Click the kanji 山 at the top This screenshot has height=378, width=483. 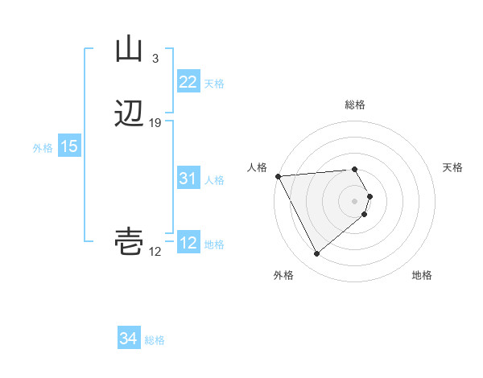tap(129, 50)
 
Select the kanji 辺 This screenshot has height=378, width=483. tap(130, 115)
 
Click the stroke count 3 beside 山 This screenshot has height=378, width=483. tap(155, 58)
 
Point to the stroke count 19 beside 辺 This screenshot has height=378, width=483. tap(155, 123)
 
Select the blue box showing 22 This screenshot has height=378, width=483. tap(188, 82)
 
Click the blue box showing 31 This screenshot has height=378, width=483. tap(188, 179)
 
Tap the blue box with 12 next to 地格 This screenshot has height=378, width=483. tap(188, 244)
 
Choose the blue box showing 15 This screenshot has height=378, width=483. tap(69, 146)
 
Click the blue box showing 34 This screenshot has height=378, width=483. tap(128, 339)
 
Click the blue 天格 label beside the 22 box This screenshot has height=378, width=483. tap(214, 83)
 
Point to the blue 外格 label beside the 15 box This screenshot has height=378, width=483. tap(43, 147)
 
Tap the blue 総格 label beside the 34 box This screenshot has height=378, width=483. tap(155, 340)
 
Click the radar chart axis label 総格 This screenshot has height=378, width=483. tap(355, 105)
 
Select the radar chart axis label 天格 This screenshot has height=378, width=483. tap(453, 167)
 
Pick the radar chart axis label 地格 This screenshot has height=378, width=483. tap(422, 275)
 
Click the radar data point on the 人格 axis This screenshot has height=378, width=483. tap(277, 175)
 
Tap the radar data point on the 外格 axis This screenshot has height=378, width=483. tap(316, 254)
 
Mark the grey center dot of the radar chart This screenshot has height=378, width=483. tap(355, 200)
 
